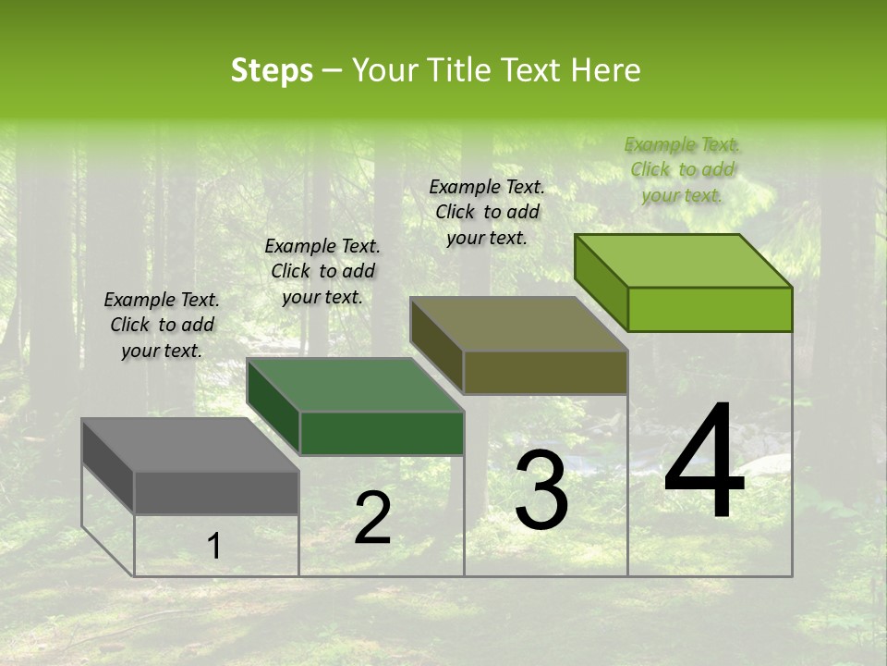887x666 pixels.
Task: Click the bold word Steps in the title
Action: click(272, 70)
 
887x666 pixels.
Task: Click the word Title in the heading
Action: click(462, 70)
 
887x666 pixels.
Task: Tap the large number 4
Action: click(704, 462)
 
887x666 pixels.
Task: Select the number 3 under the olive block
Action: click(541, 490)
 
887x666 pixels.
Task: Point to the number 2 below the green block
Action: click(372, 518)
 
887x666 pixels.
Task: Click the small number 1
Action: click(213, 547)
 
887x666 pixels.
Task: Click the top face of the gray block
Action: click(189, 444)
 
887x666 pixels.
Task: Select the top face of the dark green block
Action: click(355, 384)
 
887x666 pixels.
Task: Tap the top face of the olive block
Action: click(518, 324)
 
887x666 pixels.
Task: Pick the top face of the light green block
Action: click(684, 261)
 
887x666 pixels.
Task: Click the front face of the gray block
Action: click(216, 492)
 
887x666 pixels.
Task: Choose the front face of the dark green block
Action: click(382, 433)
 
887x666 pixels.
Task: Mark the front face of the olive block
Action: click(545, 373)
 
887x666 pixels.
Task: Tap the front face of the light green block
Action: click(710, 309)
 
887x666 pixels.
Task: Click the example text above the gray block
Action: click(162, 325)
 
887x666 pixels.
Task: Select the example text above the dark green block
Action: click(322, 271)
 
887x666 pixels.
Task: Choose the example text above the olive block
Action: click(487, 212)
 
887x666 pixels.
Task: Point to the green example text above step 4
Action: click(682, 169)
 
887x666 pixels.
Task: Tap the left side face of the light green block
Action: click(601, 282)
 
